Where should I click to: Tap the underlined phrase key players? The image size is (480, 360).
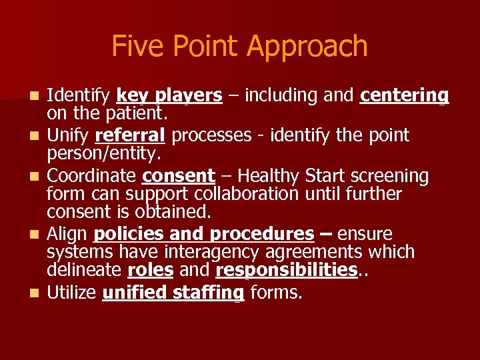tap(169, 97)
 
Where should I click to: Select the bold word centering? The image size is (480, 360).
tap(404, 97)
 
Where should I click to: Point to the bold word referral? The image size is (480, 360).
tap(130, 135)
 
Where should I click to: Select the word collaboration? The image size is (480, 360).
tap(232, 194)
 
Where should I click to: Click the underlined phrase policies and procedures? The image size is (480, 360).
tap(204, 235)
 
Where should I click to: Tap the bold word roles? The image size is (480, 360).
tap(150, 270)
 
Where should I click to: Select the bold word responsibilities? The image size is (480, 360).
tap(287, 270)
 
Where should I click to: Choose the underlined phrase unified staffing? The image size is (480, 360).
tap(173, 292)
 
